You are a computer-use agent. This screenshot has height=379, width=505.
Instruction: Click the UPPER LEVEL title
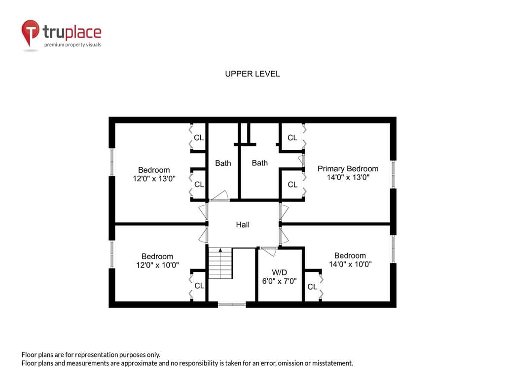tap(252, 74)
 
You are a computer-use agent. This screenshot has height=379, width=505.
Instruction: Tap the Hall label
tap(243, 225)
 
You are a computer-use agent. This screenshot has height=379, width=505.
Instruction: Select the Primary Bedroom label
tap(348, 169)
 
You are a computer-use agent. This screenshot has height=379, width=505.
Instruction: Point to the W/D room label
tap(279, 272)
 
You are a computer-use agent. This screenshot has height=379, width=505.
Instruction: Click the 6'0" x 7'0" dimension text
tap(279, 281)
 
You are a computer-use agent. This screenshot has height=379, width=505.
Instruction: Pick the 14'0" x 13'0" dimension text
tap(348, 177)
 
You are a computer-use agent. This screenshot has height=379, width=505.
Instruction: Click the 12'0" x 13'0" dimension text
tap(154, 179)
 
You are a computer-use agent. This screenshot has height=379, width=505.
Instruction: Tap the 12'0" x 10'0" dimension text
tap(157, 265)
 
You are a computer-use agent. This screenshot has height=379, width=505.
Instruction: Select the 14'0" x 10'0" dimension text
tap(350, 265)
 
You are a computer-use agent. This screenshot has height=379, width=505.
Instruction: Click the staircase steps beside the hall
tap(220, 264)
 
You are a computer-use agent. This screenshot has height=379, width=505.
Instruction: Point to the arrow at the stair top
tap(220, 250)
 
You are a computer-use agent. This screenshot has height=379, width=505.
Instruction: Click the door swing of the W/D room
tap(269, 251)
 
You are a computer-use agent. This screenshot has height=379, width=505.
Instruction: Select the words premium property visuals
tap(72, 45)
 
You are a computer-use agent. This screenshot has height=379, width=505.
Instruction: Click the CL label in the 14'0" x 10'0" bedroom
tap(312, 287)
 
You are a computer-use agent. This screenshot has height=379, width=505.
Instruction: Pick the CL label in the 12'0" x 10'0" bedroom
tap(199, 286)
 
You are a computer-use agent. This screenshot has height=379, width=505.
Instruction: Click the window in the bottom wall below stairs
tap(232, 304)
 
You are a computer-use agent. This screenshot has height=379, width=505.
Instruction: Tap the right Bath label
tap(259, 163)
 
